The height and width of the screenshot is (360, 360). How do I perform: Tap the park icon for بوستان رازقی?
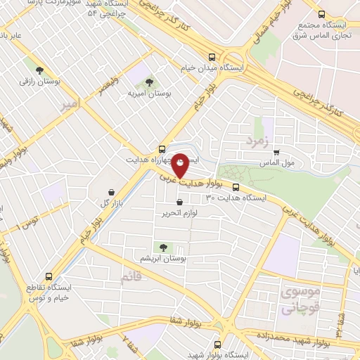tap(39, 70)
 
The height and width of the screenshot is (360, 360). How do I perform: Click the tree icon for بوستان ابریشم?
tap(164, 247)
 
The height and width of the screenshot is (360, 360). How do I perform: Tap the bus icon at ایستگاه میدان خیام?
tap(212, 58)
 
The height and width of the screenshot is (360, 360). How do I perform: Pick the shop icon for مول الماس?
tap(276, 151)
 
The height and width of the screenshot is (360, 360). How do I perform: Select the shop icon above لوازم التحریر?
tap(181, 202)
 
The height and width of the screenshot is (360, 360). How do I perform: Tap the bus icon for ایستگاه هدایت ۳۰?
tap(236, 187)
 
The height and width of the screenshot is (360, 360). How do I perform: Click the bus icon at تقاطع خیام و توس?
tap(48, 276)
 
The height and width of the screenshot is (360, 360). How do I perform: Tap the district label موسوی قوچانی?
tap(300, 300)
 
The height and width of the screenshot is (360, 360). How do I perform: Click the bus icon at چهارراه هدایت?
tap(162, 148)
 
